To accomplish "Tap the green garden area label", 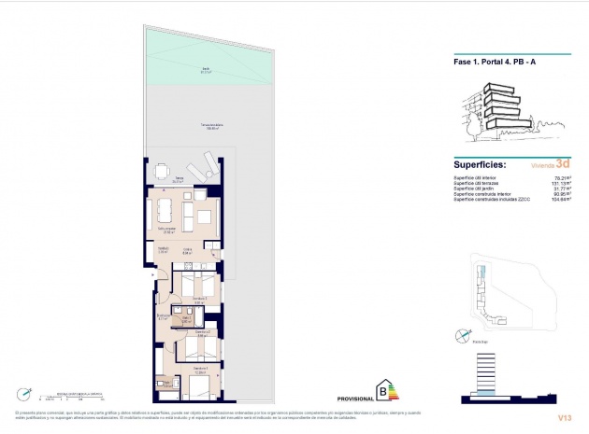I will (x=205, y=68).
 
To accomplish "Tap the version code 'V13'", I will (x=563, y=418).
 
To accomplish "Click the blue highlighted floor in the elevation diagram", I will (x=483, y=395).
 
